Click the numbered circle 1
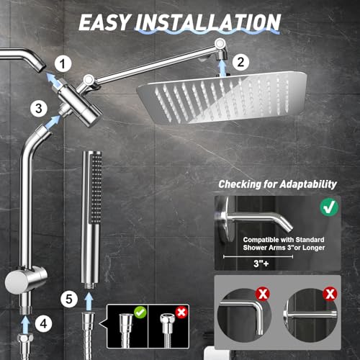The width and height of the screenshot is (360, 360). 65,63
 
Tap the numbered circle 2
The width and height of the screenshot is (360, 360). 241,63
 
